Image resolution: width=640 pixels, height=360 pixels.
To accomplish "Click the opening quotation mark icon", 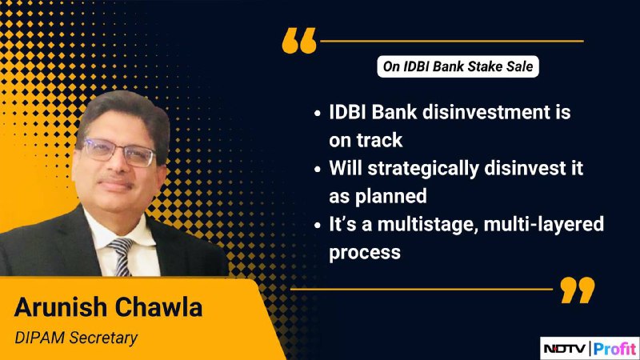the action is click(299, 41).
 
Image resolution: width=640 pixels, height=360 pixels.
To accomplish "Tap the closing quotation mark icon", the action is click(577, 290).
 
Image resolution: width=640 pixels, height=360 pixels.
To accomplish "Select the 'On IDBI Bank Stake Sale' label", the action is click(458, 66).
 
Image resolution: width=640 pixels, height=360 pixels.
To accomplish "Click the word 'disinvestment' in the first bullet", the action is click(486, 112).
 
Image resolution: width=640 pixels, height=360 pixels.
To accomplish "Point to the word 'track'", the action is click(379, 140).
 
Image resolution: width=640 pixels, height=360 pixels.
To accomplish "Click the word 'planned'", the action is click(390, 197).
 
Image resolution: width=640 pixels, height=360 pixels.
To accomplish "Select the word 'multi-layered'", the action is click(544, 225).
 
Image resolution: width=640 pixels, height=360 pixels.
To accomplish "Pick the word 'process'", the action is click(365, 253).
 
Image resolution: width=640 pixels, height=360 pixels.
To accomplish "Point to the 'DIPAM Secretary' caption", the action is click(76, 338).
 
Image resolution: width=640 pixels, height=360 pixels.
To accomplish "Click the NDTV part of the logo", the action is click(566, 349).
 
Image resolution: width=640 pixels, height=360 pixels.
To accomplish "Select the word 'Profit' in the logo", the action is click(614, 349).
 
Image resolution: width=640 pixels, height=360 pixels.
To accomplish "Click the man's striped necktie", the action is click(122, 256).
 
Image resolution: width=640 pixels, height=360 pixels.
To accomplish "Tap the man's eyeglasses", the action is click(118, 152).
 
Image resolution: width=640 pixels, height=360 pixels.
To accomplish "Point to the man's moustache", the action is click(114, 181).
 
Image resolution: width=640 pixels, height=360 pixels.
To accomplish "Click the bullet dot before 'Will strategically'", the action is click(318, 169).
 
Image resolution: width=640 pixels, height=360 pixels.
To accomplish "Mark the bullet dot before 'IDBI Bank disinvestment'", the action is click(318, 113).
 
